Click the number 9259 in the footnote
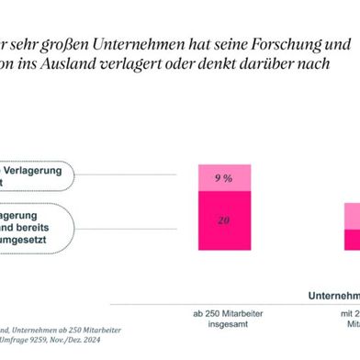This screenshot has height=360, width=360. pos(45,342)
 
